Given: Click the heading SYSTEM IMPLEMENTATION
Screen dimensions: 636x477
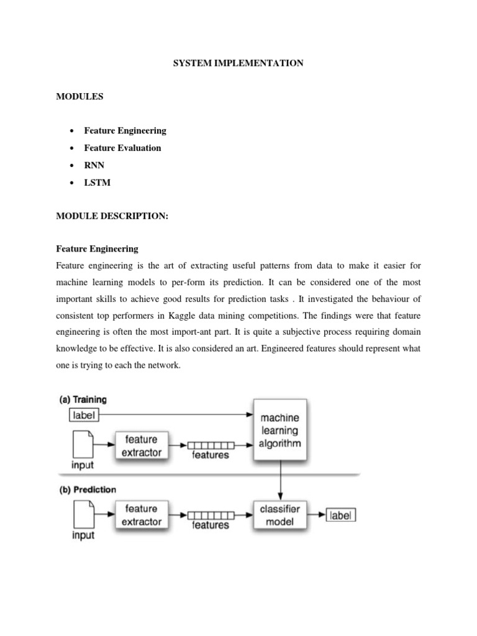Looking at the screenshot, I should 238,63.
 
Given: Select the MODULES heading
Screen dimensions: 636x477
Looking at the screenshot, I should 79,97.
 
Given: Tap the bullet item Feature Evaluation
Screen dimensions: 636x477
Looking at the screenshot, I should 122,148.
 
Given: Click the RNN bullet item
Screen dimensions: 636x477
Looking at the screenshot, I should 94,165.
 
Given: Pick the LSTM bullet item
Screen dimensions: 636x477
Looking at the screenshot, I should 96,183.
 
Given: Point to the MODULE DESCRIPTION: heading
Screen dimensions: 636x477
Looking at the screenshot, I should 112,215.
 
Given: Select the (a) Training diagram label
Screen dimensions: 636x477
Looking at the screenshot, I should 83,400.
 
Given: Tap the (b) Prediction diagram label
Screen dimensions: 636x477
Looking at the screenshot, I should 88,489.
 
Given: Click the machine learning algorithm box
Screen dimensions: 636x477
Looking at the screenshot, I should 279,430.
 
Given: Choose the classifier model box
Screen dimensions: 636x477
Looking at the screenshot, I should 279,515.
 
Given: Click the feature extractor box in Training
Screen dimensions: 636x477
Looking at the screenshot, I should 141,445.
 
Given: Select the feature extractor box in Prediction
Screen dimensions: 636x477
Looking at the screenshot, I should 141,515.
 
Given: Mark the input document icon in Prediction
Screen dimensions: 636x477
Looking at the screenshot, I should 83,514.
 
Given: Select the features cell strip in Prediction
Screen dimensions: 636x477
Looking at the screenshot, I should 211,515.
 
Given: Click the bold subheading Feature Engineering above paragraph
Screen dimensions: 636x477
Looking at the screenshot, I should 97,248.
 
